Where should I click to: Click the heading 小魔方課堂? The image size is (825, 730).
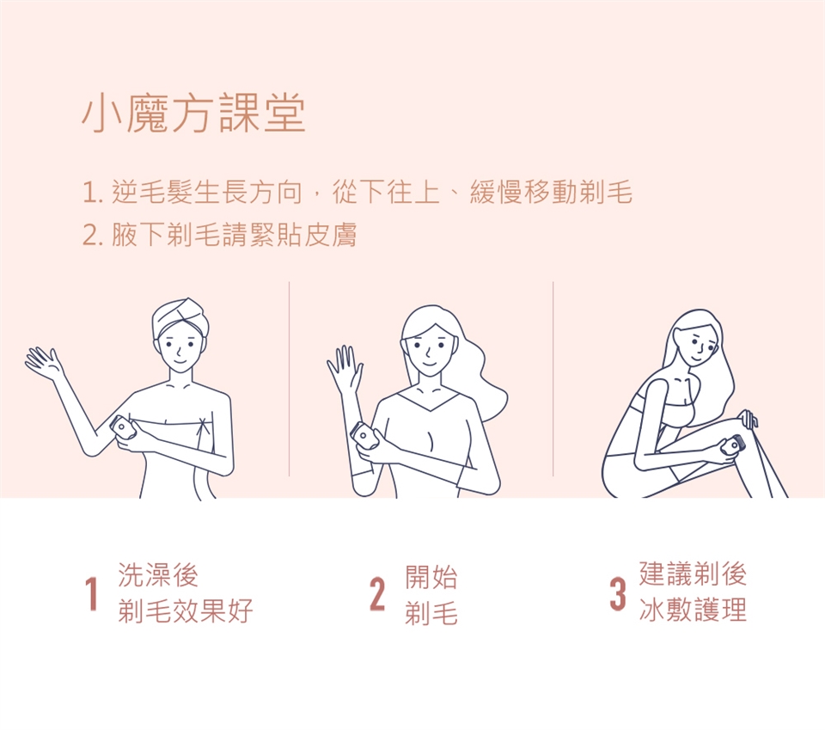click(193, 113)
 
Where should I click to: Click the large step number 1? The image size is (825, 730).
click(92, 593)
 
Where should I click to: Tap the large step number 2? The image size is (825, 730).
click(377, 594)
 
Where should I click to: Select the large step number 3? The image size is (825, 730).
click(618, 594)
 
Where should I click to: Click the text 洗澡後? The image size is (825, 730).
click(158, 574)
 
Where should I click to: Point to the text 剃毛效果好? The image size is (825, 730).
click(186, 610)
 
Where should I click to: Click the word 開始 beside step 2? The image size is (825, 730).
click(431, 576)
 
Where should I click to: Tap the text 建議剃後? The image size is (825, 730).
click(693, 574)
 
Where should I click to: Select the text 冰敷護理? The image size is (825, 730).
click(693, 610)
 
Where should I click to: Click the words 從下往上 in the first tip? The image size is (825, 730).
click(386, 192)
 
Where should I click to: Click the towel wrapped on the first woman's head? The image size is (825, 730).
click(180, 316)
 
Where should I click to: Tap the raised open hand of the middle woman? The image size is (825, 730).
click(345, 368)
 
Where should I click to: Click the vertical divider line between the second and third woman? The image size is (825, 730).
click(553, 379)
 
